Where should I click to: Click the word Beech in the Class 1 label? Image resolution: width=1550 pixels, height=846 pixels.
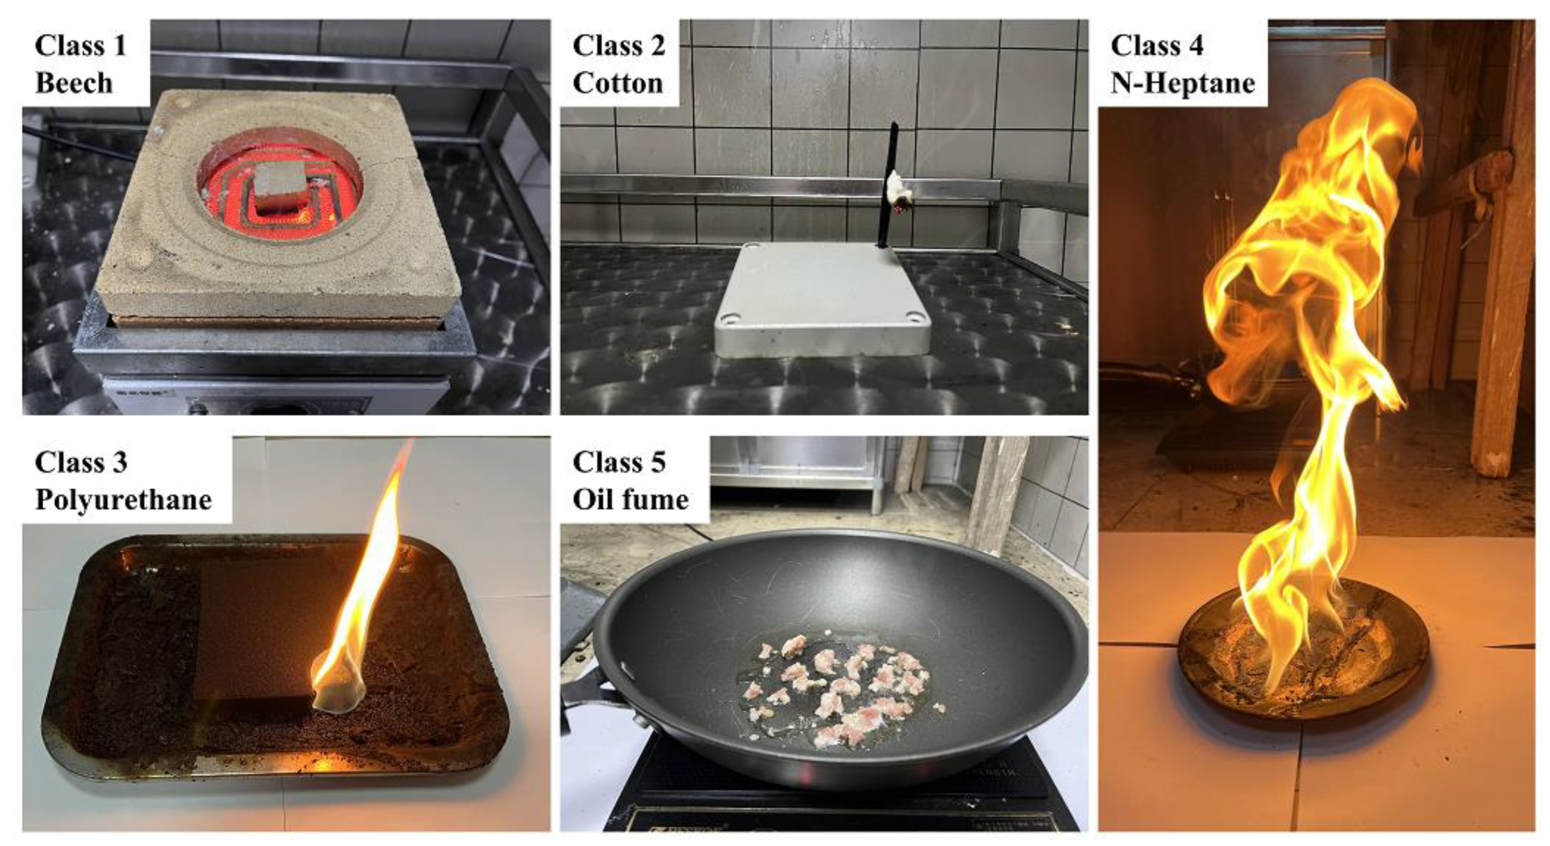(x=74, y=83)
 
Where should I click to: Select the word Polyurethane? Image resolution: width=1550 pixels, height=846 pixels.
(x=124, y=500)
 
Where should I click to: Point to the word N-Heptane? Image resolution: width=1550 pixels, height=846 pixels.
(x=1182, y=83)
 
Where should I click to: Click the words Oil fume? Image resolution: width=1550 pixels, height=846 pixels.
(x=630, y=499)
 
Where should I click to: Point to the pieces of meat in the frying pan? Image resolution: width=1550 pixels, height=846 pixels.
(x=842, y=692)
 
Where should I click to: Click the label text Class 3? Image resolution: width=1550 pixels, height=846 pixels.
(x=81, y=463)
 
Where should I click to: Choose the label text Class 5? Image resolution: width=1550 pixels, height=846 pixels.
(x=619, y=463)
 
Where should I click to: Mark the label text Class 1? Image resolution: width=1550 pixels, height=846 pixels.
(x=81, y=46)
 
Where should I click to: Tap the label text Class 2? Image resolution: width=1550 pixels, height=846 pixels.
(x=619, y=46)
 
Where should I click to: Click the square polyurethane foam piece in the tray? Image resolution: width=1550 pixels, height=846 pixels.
(x=259, y=626)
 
